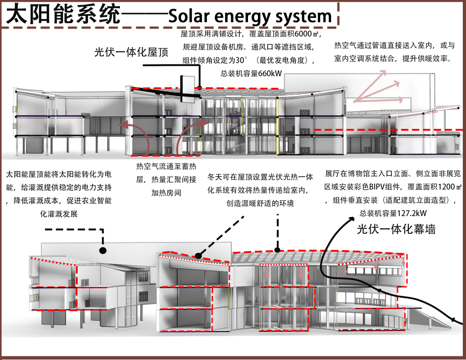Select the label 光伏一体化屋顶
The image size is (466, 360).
click(x=131, y=52)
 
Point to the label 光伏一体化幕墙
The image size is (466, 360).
click(x=396, y=229)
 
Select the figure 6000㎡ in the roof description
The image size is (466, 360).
click(x=308, y=34)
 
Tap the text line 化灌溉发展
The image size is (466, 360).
click(x=59, y=213)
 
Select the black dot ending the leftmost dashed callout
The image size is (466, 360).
click(x=103, y=250)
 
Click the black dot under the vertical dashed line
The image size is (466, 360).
click(x=278, y=249)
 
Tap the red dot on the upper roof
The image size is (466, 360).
click(x=199, y=88)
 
